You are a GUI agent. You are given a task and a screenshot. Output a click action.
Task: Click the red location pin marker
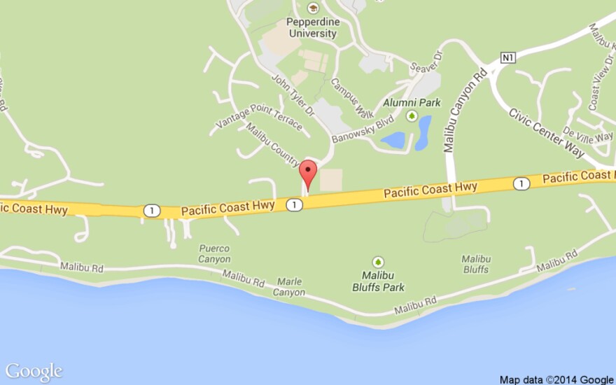pyautogui.click(x=308, y=172)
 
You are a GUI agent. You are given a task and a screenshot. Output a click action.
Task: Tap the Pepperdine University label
pyautogui.click(x=313, y=27)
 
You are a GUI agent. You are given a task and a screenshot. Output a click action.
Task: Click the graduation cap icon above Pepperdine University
pyautogui.click(x=313, y=8)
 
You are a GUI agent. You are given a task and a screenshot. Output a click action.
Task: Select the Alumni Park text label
pyautogui.click(x=412, y=102)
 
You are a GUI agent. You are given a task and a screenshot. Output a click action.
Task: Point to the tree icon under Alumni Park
pyautogui.click(x=412, y=115)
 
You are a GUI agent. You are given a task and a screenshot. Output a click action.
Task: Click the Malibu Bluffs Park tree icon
pyautogui.click(x=379, y=262)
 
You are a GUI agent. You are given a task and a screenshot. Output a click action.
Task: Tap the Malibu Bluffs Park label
pyautogui.click(x=379, y=281)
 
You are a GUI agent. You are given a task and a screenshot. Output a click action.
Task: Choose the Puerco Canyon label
pyautogui.click(x=214, y=253)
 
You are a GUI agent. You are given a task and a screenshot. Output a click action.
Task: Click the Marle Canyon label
pyautogui.click(x=290, y=287)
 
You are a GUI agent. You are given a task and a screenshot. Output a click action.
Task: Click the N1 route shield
pyautogui.click(x=507, y=58)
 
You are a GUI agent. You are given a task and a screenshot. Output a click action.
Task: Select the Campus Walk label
pyautogui.click(x=347, y=97)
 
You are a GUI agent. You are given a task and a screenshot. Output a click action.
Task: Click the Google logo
pyautogui.click(x=34, y=372)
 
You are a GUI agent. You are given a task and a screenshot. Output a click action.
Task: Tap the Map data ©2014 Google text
pyautogui.click(x=556, y=379)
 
